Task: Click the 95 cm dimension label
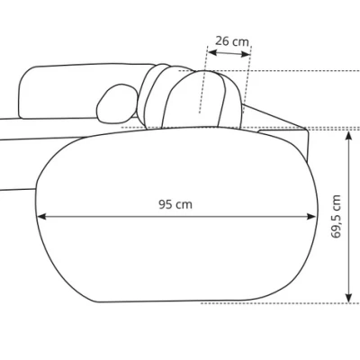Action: click(x=175, y=204)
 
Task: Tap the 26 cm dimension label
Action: click(x=232, y=41)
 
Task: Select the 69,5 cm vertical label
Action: click(x=336, y=216)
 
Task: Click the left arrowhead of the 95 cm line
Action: click(x=41, y=216)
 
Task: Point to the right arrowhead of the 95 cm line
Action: click(x=312, y=216)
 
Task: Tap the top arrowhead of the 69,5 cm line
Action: click(x=348, y=136)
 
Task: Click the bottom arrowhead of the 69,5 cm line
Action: click(x=348, y=298)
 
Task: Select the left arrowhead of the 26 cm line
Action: click(x=212, y=52)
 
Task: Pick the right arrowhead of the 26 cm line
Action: click(x=246, y=54)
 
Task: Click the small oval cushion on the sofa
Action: click(x=116, y=103)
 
